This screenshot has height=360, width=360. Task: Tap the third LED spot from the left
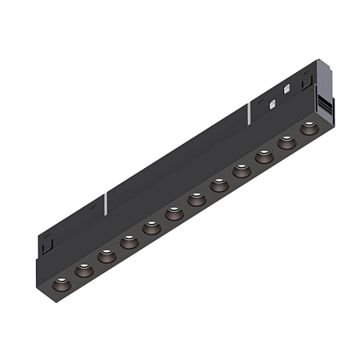(x=106, y=257)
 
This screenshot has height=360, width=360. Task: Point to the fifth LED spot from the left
(x=151, y=228)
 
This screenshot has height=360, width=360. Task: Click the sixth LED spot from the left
(x=174, y=214)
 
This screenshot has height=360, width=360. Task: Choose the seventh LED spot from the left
(x=196, y=199)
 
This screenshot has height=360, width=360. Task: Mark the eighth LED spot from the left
(x=218, y=185)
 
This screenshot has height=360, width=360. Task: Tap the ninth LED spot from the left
(x=241, y=170)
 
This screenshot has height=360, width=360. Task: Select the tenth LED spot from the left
(x=263, y=156)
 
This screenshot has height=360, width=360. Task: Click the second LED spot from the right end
(x=286, y=142)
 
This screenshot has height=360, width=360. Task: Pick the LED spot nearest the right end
(x=308, y=127)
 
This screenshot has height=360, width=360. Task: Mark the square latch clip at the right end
(x=306, y=81)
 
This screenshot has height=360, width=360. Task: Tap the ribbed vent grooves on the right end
(x=325, y=102)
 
